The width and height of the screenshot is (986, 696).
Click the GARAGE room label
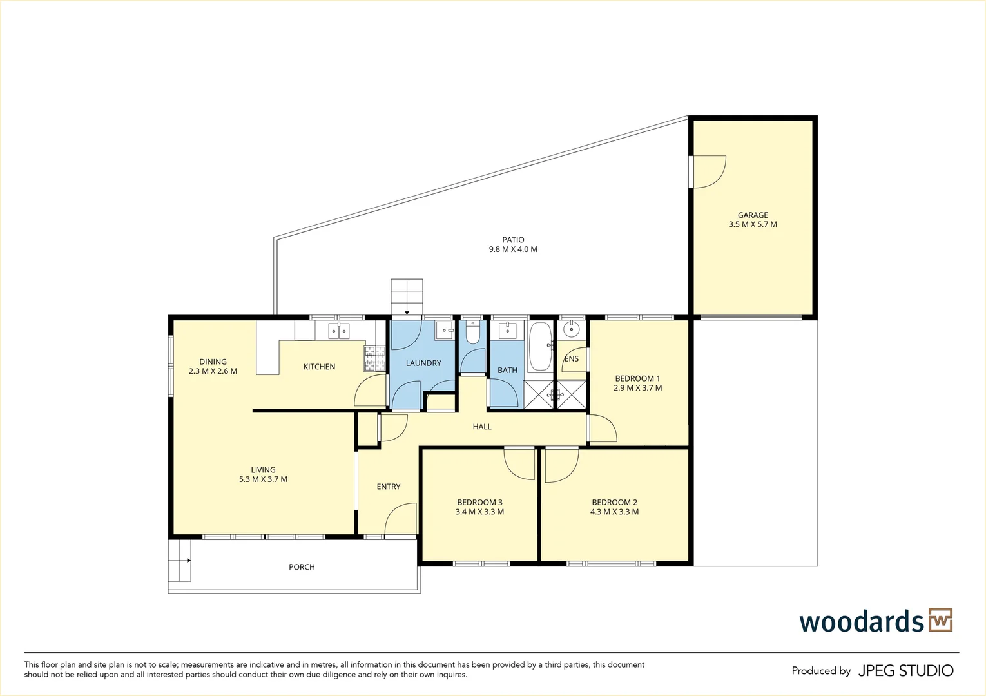753,215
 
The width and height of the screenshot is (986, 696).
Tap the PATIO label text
513,240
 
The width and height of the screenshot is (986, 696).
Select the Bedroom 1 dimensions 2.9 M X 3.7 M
638,388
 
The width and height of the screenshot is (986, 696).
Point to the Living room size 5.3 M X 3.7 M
263,479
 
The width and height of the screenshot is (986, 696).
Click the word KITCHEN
319,367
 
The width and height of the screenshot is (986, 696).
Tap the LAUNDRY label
423,363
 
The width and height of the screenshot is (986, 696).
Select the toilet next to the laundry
472,333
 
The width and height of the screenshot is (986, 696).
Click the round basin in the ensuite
572,329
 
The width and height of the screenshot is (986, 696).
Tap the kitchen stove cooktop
374,358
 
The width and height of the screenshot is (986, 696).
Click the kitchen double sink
339,331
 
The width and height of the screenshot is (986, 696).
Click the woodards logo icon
941,621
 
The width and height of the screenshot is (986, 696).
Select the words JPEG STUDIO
906,671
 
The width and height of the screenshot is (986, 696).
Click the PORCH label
302,567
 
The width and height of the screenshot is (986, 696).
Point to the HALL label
482,427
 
